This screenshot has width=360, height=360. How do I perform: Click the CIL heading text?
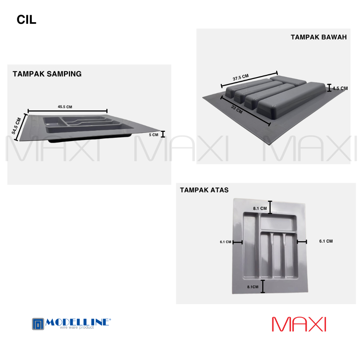[26, 20]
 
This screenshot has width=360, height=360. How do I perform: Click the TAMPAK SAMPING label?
[47, 74]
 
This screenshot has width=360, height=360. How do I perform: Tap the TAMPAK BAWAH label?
[319, 37]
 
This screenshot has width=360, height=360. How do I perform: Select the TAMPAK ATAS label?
[204, 190]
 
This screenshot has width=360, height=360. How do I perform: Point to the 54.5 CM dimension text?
[16, 126]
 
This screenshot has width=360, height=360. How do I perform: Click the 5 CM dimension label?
[153, 135]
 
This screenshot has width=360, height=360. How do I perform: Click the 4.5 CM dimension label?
[340, 89]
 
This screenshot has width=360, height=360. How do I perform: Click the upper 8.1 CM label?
[260, 208]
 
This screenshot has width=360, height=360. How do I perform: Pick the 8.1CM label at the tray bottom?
[253, 287]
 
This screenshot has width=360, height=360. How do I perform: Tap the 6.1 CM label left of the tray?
[225, 242]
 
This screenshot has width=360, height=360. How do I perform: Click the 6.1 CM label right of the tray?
[326, 241]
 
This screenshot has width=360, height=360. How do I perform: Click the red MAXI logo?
[299, 324]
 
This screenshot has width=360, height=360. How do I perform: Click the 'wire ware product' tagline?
[77, 328]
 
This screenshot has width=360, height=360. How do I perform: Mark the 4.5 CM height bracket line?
[329, 88]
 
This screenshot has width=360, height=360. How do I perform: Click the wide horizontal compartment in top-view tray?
[277, 223]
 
